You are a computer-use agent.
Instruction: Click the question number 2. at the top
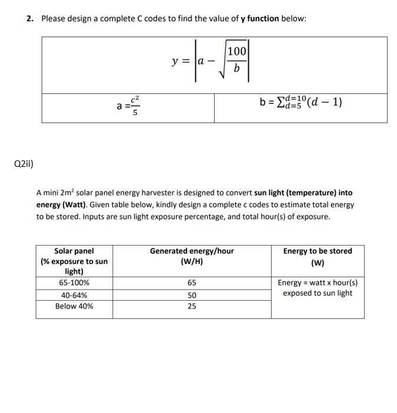(x=30, y=18)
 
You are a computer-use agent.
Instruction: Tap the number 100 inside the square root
(x=236, y=52)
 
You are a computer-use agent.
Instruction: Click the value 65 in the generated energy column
(x=192, y=283)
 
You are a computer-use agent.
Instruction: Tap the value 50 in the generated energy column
(x=192, y=295)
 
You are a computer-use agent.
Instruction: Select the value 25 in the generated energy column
(x=192, y=306)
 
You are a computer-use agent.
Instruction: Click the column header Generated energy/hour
(x=192, y=251)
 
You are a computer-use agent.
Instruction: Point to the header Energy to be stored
(x=318, y=251)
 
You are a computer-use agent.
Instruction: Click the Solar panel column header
(x=74, y=251)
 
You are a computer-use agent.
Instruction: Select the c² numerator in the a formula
(x=135, y=99)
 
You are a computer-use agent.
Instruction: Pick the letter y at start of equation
(x=175, y=61)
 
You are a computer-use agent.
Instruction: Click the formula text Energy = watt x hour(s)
(x=318, y=283)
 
